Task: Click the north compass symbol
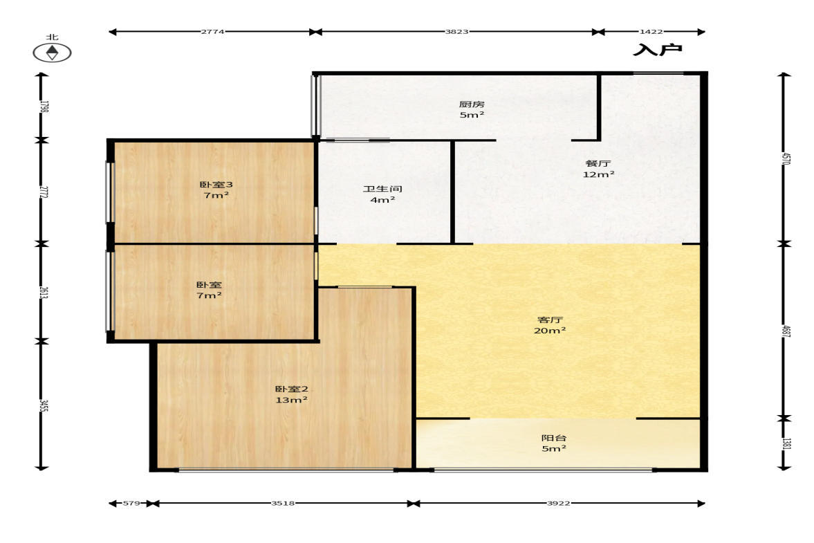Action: coord(52,53)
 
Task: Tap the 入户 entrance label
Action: coord(657,50)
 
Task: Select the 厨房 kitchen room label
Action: coord(472,104)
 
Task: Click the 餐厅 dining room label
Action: coord(598,163)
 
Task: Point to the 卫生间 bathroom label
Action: coord(382,188)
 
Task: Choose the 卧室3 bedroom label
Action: coord(216,184)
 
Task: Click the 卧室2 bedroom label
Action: coord(291,389)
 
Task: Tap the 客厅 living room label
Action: coord(550,320)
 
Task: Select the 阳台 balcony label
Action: coord(553,438)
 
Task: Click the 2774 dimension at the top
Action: coord(212,32)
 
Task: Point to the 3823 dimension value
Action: coord(456,32)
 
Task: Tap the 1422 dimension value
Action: coord(651,32)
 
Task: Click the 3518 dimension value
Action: coord(283,503)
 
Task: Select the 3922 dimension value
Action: coord(559,503)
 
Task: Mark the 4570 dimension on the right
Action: coord(786,158)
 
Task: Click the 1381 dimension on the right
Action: coord(786,443)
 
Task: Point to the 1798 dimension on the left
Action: coord(44,107)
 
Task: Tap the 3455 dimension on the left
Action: coord(44,405)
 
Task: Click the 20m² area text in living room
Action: coord(550,330)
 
